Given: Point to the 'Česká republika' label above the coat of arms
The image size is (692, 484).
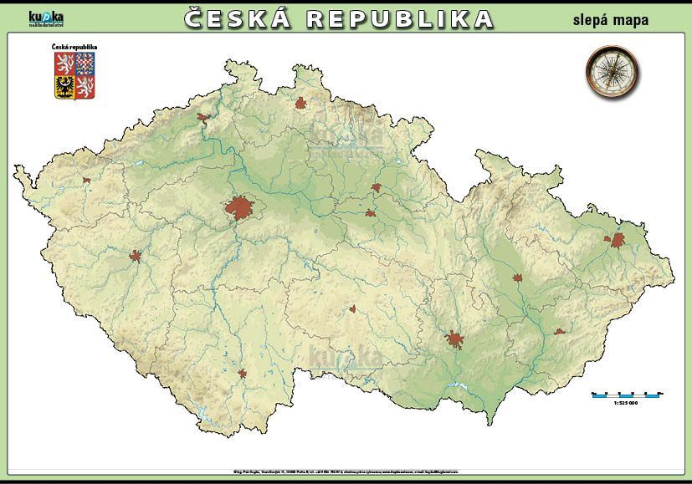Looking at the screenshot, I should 74,47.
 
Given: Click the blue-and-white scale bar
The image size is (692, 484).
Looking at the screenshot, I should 626,394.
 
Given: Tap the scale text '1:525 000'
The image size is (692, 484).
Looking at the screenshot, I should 625,404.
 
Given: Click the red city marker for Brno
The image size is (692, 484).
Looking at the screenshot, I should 455,339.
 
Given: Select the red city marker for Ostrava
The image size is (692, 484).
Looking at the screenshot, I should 618,241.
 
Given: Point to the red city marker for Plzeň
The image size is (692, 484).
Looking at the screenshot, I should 136,256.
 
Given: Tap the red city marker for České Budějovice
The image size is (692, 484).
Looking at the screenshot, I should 243,374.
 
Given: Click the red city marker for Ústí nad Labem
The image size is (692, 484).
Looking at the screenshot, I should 202,119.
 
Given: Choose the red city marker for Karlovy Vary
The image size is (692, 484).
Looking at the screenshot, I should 85,180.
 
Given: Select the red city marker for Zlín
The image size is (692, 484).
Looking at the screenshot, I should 559,332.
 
